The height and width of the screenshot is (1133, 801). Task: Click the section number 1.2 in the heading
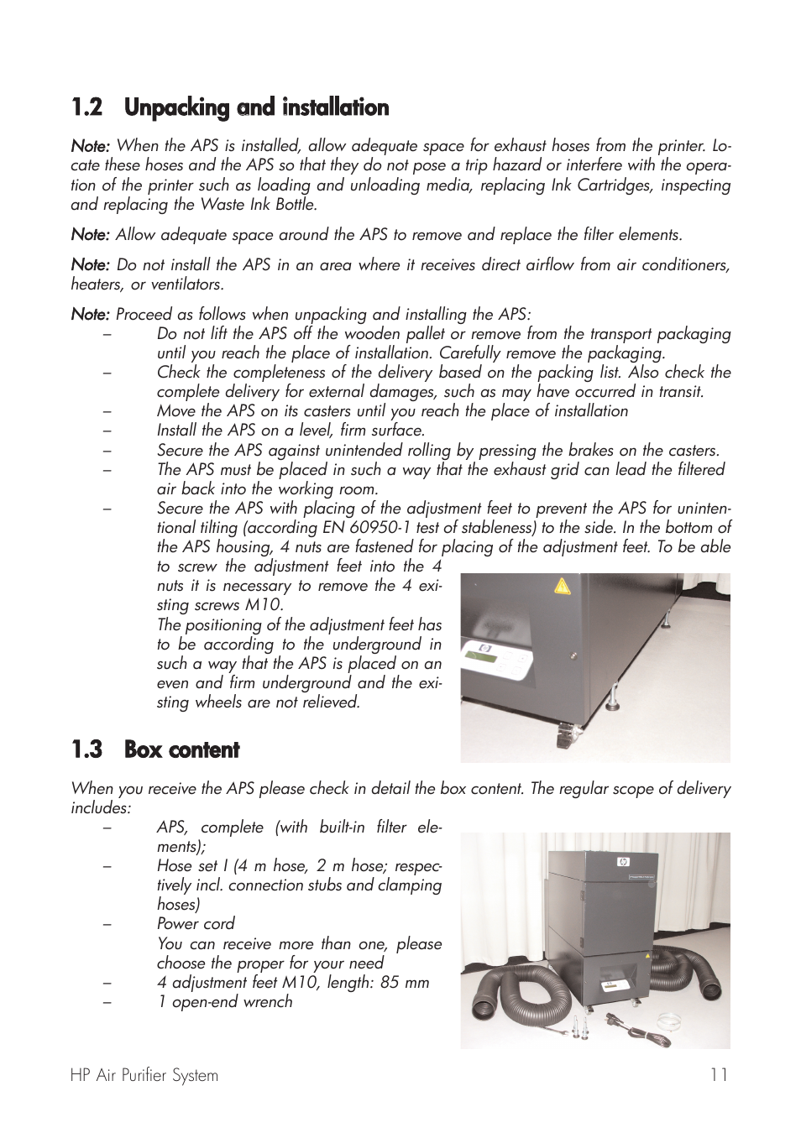86,107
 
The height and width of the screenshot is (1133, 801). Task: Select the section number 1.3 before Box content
86,749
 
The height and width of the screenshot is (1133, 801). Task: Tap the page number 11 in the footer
718,1075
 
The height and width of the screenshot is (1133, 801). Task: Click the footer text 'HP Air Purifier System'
144,1075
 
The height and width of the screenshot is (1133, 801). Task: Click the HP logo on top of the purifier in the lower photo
622,861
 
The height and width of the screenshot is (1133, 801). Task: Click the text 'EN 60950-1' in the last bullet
367,527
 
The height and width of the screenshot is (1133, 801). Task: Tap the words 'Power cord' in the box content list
196,924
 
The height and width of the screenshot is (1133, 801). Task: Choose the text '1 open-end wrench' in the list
224,1001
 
